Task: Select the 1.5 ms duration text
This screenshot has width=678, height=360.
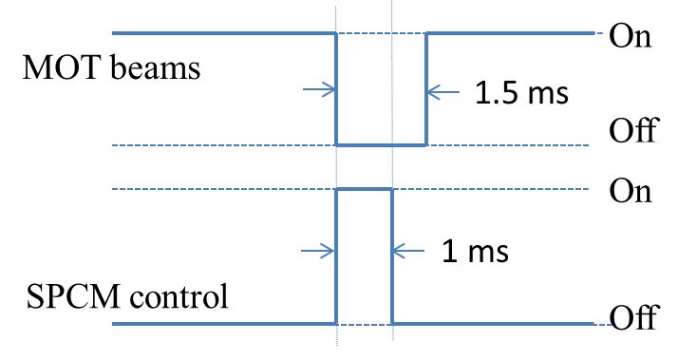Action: tap(520, 93)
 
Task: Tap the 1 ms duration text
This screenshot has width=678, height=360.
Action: tap(475, 252)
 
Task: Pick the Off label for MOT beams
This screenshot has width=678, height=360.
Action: tap(633, 130)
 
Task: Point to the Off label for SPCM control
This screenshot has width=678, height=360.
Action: tap(633, 318)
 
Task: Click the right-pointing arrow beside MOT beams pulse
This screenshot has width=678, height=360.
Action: tap(318, 91)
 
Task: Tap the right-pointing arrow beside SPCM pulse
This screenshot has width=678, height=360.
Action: tap(318, 252)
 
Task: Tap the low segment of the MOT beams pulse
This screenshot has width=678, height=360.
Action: tap(381, 145)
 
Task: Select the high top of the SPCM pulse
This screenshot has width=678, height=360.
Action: tap(365, 190)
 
